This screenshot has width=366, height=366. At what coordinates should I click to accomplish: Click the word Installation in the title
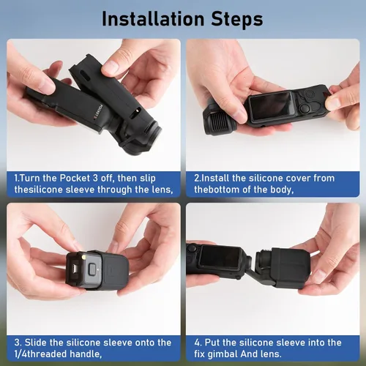click(x=153, y=19)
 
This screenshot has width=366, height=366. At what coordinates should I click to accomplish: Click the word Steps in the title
click(x=237, y=20)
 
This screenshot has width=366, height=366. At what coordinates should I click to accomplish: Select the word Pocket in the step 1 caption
click(x=75, y=178)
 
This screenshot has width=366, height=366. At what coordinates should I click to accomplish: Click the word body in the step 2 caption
click(x=282, y=190)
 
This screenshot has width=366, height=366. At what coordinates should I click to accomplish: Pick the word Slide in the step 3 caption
click(x=36, y=343)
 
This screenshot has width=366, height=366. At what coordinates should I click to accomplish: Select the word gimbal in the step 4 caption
click(x=222, y=354)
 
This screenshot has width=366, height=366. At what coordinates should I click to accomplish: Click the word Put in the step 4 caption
click(x=212, y=343)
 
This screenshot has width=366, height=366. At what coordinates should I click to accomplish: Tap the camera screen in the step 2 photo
click(x=270, y=105)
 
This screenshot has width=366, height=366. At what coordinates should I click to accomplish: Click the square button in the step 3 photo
click(x=92, y=269)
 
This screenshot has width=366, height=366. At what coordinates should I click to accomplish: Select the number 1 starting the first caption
click(x=16, y=178)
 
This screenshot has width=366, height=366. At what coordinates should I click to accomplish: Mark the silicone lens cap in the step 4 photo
click(x=291, y=268)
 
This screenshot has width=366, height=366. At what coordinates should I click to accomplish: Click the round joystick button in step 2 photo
click(x=305, y=108)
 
